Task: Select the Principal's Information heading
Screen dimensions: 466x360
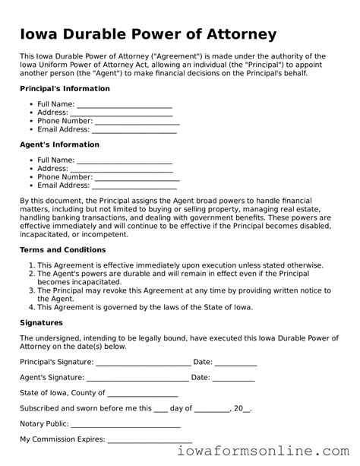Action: pyautogui.click(x=65, y=89)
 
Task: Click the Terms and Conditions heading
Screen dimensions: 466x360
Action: pyautogui.click(x=62, y=249)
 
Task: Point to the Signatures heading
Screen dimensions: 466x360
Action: pyautogui.click(x=42, y=322)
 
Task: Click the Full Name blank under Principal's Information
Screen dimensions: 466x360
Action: pyautogui.click(x=125, y=105)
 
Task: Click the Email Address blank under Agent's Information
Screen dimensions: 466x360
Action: pyautogui.click(x=134, y=185)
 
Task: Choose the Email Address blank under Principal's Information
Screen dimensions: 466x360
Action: pyautogui.click(x=134, y=130)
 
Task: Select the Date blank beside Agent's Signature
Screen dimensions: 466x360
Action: pyautogui.click(x=233, y=378)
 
